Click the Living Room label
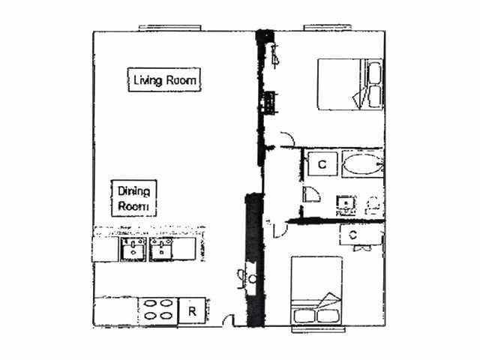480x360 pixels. [165, 79]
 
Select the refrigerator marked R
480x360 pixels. [192, 310]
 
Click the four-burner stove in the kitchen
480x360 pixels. [158, 310]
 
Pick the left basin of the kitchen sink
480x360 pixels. [133, 250]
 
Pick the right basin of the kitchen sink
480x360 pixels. [162, 250]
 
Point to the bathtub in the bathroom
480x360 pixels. [362, 163]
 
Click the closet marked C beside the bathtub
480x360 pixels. [321, 163]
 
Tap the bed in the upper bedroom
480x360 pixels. [348, 85]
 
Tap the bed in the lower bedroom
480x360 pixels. [316, 292]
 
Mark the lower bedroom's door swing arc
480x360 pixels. [279, 228]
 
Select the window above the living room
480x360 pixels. [170, 28]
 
